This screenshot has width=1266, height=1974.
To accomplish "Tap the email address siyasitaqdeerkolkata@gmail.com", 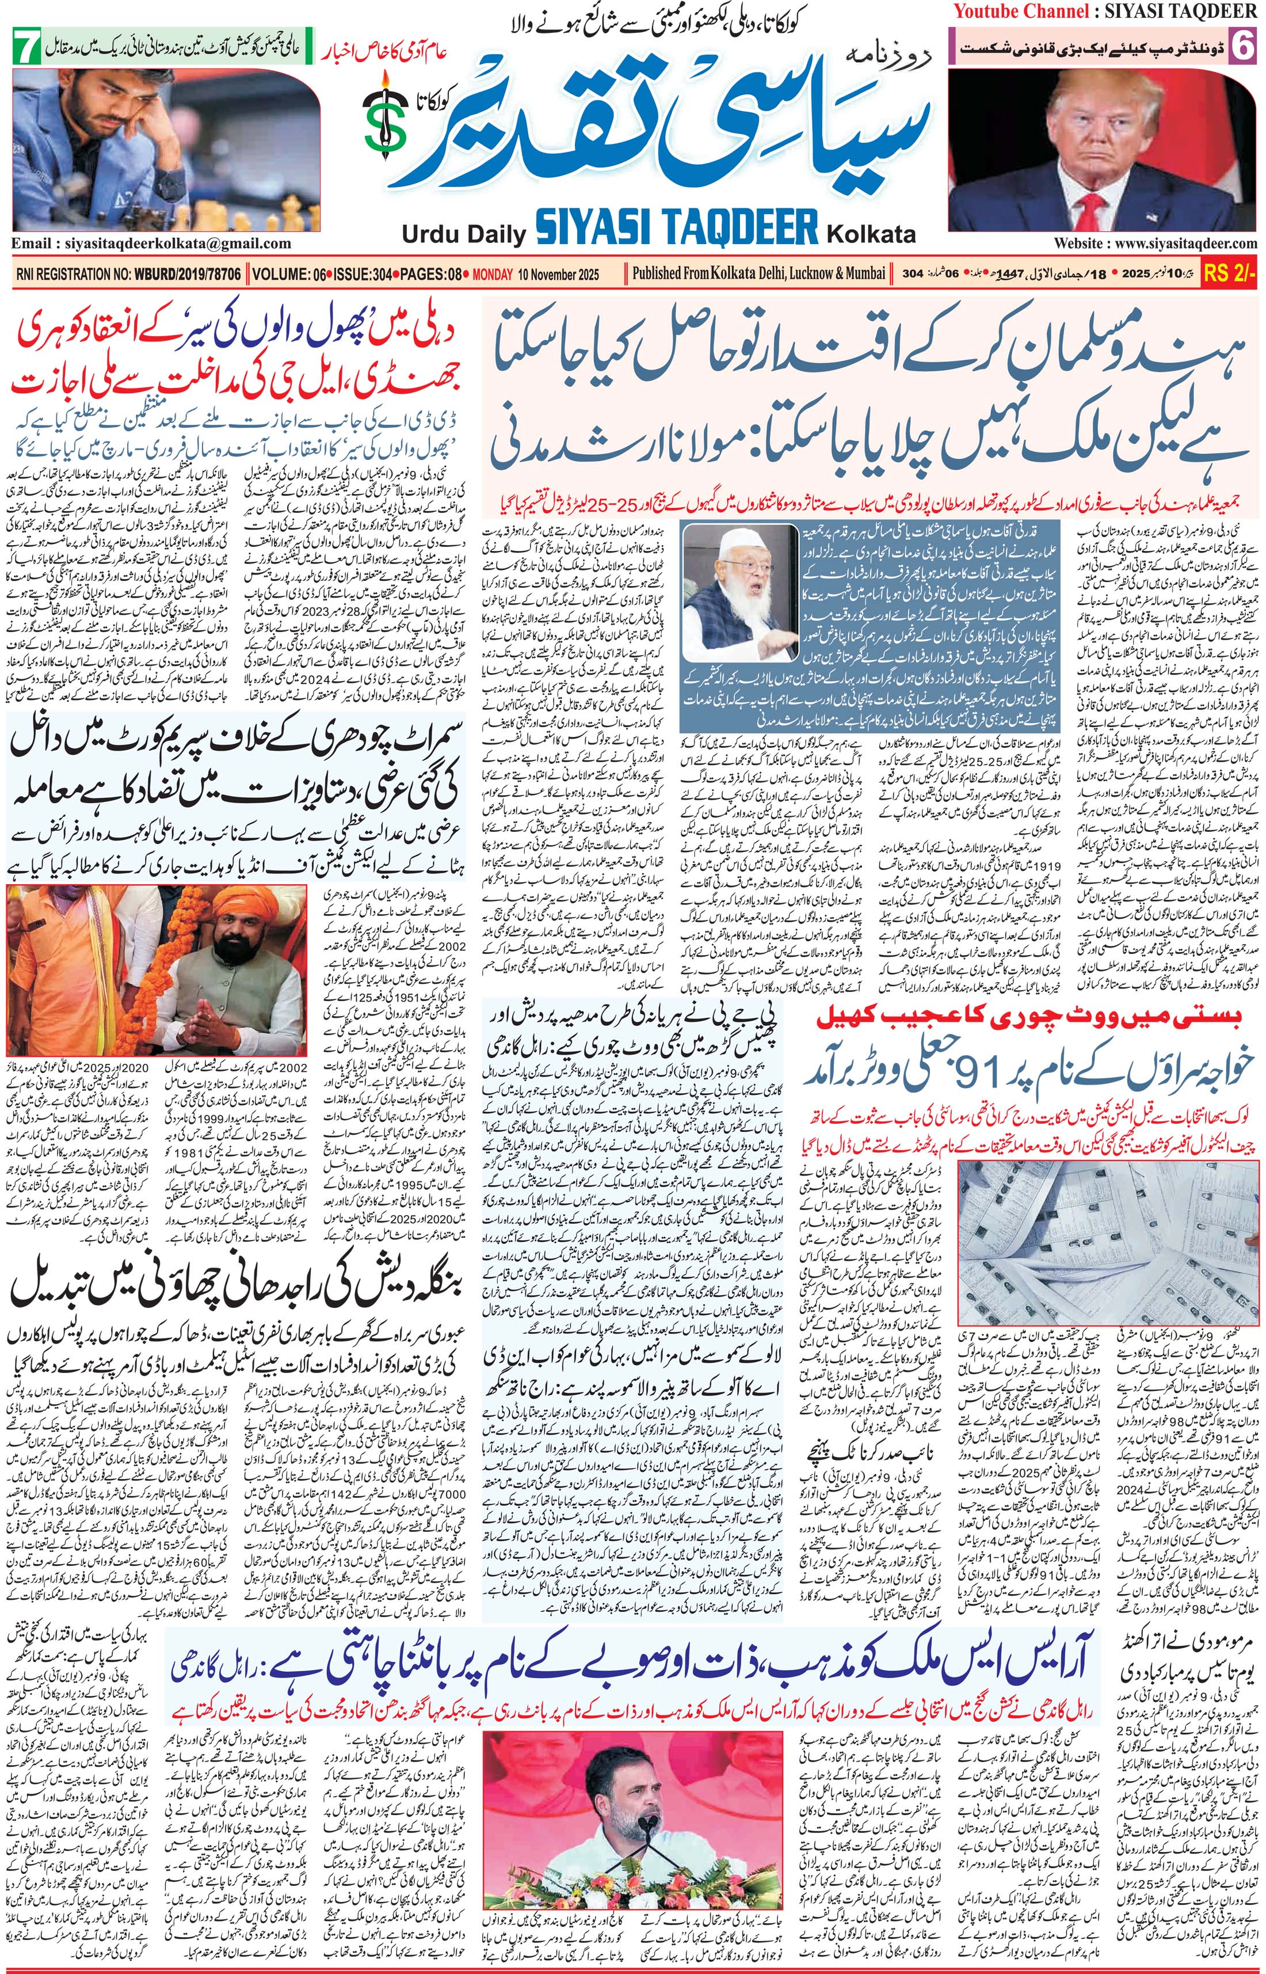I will tap(152, 244).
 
